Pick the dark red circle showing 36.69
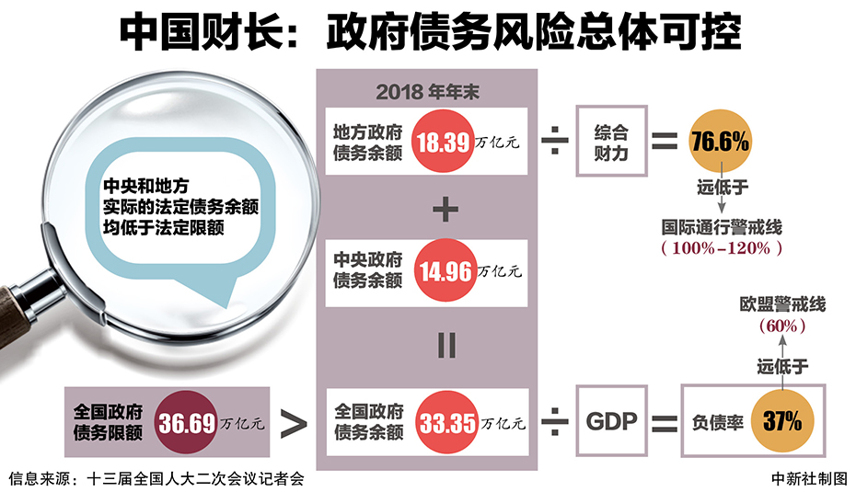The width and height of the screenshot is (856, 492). [188, 422]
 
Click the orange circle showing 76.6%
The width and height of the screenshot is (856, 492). [720, 143]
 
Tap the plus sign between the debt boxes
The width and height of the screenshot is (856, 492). [445, 210]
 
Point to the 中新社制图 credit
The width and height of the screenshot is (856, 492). [808, 478]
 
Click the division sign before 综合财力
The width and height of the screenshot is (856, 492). [553, 143]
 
